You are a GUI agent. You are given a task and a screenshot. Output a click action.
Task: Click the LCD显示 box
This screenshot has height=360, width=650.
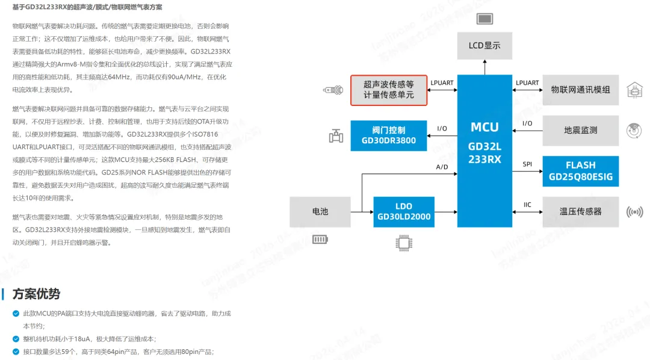coord(484,45)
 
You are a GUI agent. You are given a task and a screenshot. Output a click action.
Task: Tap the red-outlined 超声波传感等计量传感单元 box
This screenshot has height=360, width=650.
coord(389,90)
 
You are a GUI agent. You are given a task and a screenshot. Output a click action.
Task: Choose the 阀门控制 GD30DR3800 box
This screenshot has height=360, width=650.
coord(388,135)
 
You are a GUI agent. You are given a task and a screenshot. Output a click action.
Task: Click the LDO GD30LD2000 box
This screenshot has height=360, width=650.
coord(404,211)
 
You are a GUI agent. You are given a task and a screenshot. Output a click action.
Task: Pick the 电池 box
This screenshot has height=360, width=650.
coord(320,212)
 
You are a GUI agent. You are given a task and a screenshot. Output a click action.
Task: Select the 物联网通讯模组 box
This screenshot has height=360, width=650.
coord(580,90)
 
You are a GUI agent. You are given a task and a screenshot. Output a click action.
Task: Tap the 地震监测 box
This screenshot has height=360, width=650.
coord(580,130)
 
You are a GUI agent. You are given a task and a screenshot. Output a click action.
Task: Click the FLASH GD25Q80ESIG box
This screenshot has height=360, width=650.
coord(580,170)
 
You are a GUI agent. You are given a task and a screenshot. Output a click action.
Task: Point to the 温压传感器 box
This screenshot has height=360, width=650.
coord(580,212)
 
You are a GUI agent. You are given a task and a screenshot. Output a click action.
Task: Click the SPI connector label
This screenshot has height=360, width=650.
coord(527,164)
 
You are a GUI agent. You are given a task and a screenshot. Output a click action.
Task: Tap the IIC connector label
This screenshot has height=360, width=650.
coord(527,205)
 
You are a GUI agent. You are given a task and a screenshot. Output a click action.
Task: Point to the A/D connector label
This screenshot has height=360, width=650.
coord(442,167)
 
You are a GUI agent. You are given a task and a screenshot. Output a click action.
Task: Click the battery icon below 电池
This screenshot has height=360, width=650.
coord(320,240)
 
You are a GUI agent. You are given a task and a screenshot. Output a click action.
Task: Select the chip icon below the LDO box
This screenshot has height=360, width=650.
coord(403,243)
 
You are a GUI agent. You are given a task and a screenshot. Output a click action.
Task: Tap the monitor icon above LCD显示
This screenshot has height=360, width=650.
coord(484,18)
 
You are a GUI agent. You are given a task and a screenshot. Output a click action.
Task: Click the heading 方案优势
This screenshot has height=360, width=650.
coord(36,294)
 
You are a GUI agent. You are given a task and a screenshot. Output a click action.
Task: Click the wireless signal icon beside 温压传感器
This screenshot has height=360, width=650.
coord(634,212)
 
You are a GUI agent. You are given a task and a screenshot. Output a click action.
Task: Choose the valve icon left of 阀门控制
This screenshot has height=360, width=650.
coord(336,136)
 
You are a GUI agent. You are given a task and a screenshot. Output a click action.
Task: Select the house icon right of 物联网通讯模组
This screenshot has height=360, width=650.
coord(634,90)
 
